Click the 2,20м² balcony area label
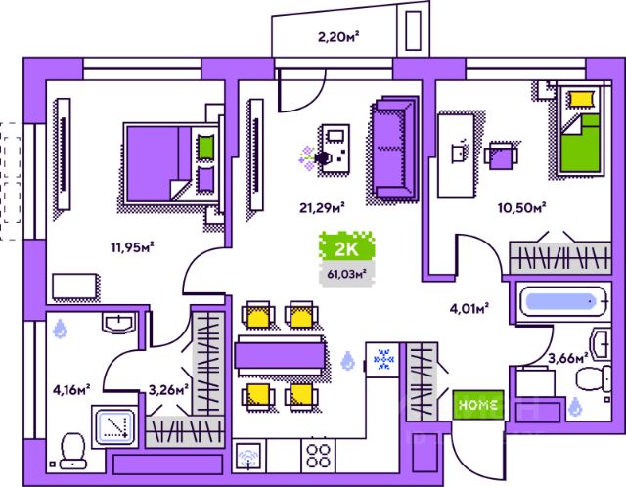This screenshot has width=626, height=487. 339,37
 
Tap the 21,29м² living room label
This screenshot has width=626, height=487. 322,208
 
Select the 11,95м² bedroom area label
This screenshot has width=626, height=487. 133,247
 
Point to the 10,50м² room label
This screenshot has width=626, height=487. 521,208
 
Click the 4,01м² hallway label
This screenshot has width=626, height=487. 469,309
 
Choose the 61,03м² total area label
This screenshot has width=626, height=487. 347,274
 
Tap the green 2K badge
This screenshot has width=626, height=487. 346,248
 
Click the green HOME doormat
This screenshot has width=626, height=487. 478,405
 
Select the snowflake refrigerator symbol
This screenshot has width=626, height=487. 383,359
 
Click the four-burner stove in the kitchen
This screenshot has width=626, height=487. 318,456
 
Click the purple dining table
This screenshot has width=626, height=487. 280,355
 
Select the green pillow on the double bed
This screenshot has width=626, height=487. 206,148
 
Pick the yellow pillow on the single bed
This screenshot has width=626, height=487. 581,99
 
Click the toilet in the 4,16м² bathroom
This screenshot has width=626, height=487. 73,452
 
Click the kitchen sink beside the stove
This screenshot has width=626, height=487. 248,457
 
